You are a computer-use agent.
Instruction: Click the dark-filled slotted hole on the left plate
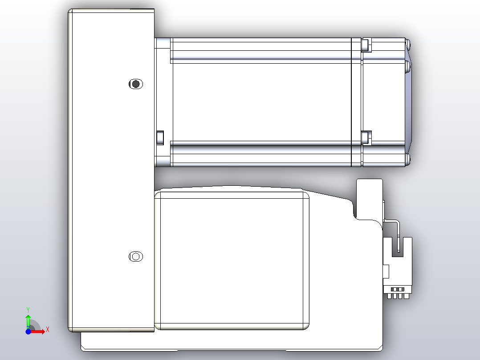point(135,84)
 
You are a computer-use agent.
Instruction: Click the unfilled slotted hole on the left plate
point(135,257)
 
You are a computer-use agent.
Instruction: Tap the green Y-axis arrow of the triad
point(28,320)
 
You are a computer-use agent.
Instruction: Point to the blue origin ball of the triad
point(28,331)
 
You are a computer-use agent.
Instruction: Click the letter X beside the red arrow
point(47,329)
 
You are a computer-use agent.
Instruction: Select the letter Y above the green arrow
point(28,309)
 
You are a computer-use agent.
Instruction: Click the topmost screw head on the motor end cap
point(408,44)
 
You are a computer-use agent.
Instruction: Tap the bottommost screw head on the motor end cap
point(408,160)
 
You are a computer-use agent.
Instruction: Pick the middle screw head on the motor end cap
point(408,67)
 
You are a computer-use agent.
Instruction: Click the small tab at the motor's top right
point(365,45)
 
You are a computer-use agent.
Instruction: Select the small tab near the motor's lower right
point(366,137)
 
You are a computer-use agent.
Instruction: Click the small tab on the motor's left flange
point(160,137)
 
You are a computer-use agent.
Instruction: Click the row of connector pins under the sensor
point(398,295)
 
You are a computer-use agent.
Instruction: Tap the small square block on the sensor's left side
point(386,271)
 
